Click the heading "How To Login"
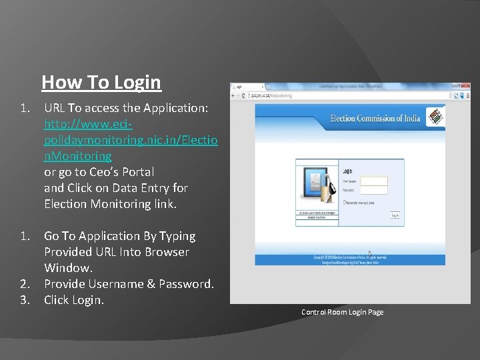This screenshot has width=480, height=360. click(101, 83)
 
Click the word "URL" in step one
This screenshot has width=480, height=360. click(55, 108)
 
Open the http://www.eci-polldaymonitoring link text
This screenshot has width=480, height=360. click(131, 140)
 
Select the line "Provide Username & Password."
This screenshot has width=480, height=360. click(129, 284)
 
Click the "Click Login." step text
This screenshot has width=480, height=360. click(74, 300)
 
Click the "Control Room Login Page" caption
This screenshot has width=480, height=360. click(342, 312)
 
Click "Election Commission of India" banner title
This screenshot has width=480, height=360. click(375, 119)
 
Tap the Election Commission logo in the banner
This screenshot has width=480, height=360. click(435, 117)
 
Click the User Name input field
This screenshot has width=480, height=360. click(374, 181)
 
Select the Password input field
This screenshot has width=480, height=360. click(374, 191)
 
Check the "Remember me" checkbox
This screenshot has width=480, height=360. click(344, 201)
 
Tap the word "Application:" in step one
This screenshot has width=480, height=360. click(177, 108)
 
